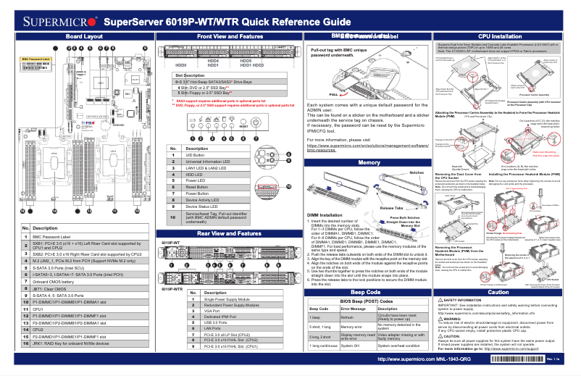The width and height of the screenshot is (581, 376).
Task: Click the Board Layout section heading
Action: click(83, 35)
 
